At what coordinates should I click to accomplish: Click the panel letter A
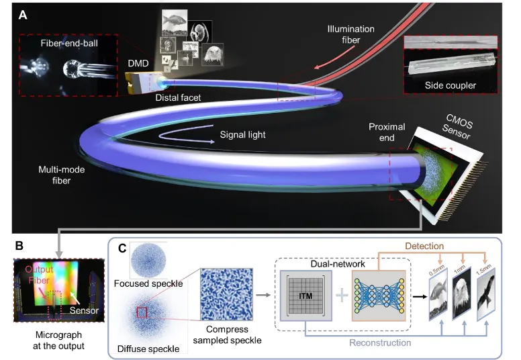23,15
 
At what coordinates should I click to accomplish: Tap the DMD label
138,63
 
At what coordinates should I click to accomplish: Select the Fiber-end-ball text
69,43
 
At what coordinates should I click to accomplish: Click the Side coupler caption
451,85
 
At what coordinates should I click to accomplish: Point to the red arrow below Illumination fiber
334,58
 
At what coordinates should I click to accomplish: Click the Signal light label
242,134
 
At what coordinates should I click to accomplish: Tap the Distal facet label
178,97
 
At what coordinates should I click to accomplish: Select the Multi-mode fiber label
62,175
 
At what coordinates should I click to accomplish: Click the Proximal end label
387,132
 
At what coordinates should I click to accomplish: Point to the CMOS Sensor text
457,127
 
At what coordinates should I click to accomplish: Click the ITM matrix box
305,296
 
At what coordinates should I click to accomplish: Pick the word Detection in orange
424,246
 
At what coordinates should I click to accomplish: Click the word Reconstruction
380,343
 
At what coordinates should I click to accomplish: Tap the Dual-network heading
338,264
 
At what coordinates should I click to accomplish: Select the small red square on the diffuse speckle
142,312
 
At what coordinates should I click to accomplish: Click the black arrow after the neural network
420,296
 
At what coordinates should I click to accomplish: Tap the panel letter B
19,246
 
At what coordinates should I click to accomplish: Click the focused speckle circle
148,261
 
